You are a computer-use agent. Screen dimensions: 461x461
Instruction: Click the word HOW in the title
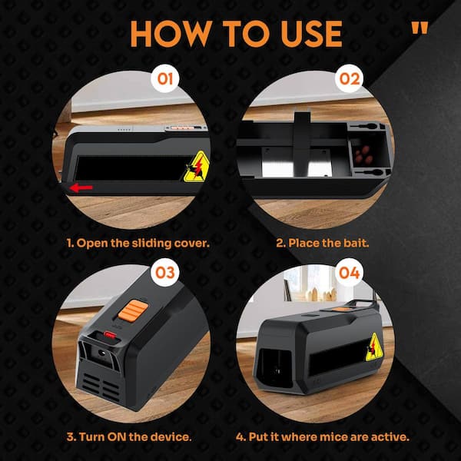(x=171, y=34)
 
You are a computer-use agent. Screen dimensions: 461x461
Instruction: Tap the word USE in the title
(x=312, y=34)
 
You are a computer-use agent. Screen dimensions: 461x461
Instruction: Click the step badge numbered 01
(x=165, y=78)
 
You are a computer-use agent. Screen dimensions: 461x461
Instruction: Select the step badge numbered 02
(x=350, y=78)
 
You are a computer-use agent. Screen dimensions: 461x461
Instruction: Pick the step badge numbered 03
(x=165, y=272)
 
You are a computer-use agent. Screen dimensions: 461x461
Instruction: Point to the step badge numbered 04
(x=350, y=272)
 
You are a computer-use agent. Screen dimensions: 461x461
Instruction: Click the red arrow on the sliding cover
(x=81, y=187)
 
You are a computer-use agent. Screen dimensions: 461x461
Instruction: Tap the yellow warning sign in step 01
(x=197, y=167)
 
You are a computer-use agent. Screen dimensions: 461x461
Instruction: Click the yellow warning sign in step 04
(x=374, y=347)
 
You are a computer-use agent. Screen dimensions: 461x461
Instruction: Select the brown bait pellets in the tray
(x=363, y=155)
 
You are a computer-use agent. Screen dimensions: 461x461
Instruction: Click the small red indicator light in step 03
(x=110, y=334)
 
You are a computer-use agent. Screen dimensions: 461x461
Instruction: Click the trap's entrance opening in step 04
(x=274, y=368)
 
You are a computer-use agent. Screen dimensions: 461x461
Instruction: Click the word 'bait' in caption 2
(x=356, y=243)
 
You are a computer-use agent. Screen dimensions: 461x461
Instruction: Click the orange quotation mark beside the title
(x=420, y=28)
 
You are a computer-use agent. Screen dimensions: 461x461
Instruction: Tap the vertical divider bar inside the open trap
(x=302, y=144)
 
